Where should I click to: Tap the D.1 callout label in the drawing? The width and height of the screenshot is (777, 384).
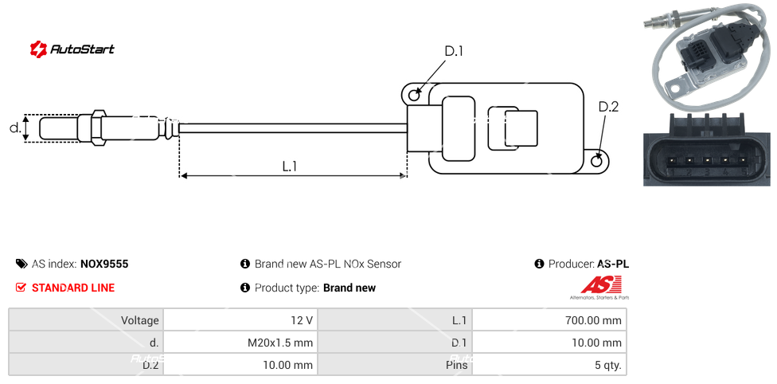point(453,52)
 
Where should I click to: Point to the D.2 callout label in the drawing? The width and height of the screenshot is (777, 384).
point(607,107)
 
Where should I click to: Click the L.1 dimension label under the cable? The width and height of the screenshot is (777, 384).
point(290,166)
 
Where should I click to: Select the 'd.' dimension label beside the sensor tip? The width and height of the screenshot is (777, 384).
point(14,127)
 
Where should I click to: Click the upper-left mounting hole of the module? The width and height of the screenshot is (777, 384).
point(413,96)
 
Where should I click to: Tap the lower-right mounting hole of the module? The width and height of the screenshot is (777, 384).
point(598,162)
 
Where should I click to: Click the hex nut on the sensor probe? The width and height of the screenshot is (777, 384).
point(99,127)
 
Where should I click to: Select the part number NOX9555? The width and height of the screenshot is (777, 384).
point(103,264)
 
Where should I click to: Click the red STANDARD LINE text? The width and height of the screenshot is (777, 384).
point(72,288)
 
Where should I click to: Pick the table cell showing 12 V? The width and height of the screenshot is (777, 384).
point(240,320)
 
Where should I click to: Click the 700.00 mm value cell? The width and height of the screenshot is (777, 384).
point(549,320)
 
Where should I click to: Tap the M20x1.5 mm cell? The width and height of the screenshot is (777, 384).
point(240,343)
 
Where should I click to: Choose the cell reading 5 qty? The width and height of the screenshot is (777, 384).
point(549,366)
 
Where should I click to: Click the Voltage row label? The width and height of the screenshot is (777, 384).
point(86,320)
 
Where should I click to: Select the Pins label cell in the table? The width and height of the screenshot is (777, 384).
point(395,366)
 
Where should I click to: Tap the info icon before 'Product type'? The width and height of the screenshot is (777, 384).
point(245,288)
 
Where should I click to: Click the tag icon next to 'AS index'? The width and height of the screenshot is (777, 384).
point(21,264)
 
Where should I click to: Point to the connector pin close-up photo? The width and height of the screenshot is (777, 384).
point(706,149)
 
